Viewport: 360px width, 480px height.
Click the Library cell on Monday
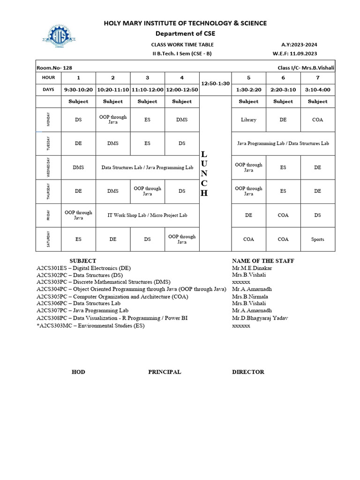click(x=248, y=120)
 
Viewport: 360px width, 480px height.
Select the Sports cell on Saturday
click(x=317, y=240)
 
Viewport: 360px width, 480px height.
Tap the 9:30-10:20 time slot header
click(x=78, y=89)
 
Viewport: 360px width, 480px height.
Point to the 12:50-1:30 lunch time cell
click(x=215, y=83)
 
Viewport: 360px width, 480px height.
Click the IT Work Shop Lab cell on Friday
click(x=147, y=215)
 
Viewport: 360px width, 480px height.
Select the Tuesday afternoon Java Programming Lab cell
click(x=283, y=143)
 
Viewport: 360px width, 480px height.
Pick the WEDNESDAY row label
click(x=48, y=167)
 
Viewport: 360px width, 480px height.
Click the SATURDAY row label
click(x=48, y=239)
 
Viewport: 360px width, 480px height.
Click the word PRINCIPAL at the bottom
click(x=165, y=372)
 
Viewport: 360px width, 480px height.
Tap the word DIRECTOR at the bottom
click(x=248, y=372)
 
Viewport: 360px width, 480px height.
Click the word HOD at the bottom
click(x=78, y=372)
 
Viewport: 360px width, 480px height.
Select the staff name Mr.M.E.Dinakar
click(x=252, y=268)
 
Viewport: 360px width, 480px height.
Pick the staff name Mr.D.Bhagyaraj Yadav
click(x=260, y=318)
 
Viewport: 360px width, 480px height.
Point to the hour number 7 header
click(x=317, y=77)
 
